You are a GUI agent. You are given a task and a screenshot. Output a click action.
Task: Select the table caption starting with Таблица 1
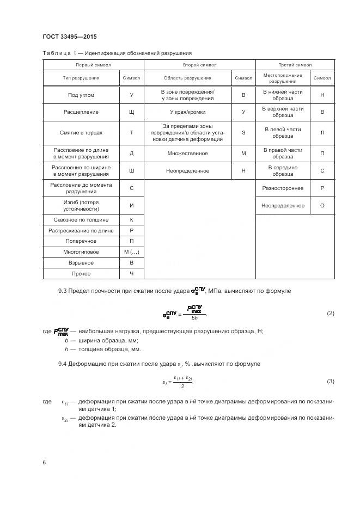pyautogui.click(x=117, y=53)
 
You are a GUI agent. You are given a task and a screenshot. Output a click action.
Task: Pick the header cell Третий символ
pyautogui.click(x=295, y=65)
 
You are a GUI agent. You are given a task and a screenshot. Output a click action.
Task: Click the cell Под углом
pyautogui.click(x=81, y=95)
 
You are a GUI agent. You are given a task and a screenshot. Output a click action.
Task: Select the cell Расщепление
pyautogui.click(x=81, y=112)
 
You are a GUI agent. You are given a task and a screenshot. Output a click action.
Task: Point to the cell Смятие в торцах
pyautogui.click(x=81, y=133)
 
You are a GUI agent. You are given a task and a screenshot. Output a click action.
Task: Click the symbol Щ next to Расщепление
pyautogui.click(x=131, y=112)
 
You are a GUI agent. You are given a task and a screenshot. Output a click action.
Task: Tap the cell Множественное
pyautogui.click(x=187, y=154)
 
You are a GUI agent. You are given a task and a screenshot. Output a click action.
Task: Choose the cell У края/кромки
pyautogui.click(x=187, y=112)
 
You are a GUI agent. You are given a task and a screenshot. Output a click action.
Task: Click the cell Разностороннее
pyautogui.click(x=283, y=188)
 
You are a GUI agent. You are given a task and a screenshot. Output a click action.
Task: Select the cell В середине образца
pyautogui.click(x=283, y=171)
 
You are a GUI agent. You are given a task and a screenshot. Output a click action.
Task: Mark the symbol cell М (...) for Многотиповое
pyautogui.click(x=131, y=252)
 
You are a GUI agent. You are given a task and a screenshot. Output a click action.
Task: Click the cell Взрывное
pyautogui.click(x=81, y=262)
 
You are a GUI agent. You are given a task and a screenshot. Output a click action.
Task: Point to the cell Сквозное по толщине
pyautogui.click(x=81, y=220)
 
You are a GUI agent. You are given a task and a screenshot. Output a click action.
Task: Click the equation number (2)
pyautogui.click(x=330, y=314)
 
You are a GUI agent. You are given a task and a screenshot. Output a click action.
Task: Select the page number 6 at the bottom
pyautogui.click(x=44, y=462)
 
